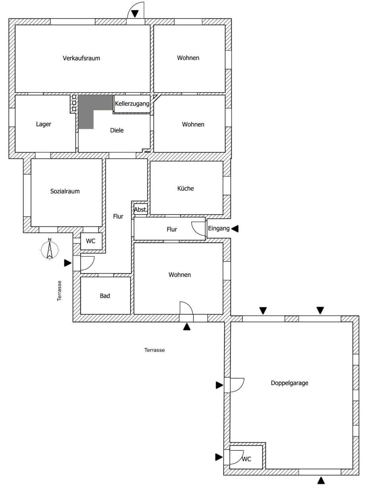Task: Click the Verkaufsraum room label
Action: click(x=81, y=58)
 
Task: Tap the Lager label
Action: click(x=43, y=124)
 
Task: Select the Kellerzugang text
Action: click(x=132, y=104)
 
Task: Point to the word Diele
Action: click(x=117, y=130)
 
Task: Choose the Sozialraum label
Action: click(x=65, y=191)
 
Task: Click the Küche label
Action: click(x=186, y=188)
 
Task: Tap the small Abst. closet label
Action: click(x=141, y=210)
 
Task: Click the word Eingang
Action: click(x=219, y=228)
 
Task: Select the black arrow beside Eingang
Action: click(x=235, y=228)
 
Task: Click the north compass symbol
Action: click(x=49, y=250)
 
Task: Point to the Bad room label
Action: click(x=105, y=296)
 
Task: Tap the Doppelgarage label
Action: click(x=289, y=383)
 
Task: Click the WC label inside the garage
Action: click(x=247, y=459)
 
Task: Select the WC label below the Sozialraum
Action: click(x=91, y=242)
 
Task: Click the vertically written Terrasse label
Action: click(x=59, y=290)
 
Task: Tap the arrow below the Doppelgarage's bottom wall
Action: click(x=321, y=481)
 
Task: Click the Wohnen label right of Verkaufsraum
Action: click(x=188, y=58)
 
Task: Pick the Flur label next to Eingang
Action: click(x=172, y=230)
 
